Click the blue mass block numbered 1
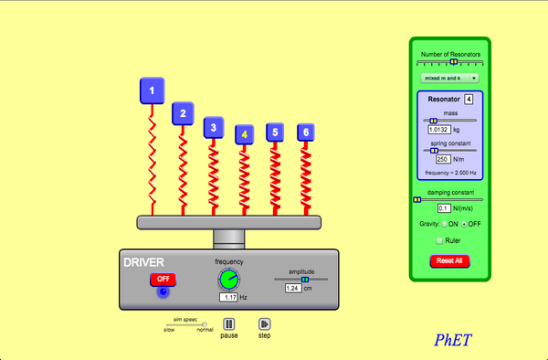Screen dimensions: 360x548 (153, 90)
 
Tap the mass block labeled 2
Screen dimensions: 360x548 (183, 114)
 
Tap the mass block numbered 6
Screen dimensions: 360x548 (306, 132)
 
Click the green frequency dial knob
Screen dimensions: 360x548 (230, 278)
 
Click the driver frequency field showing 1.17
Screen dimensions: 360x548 (228, 297)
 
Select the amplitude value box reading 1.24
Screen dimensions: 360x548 (293, 288)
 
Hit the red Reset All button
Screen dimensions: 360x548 (449, 261)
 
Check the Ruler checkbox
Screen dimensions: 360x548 (439, 240)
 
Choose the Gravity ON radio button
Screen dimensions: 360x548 (445, 224)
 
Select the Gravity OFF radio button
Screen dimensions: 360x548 (465, 224)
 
